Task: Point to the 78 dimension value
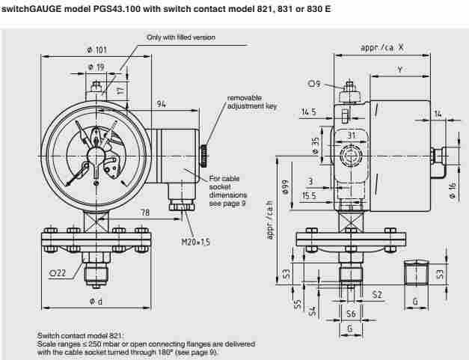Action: coord(146,213)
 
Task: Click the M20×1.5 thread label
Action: coord(196,243)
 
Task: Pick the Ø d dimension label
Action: coord(96,302)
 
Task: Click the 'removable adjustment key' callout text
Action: coord(252,103)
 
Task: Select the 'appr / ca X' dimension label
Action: coord(382,47)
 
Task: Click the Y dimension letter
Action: coord(400,69)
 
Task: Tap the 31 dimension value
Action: coord(351,135)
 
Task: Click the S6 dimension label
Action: coord(349,314)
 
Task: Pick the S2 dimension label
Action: coord(377,295)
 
